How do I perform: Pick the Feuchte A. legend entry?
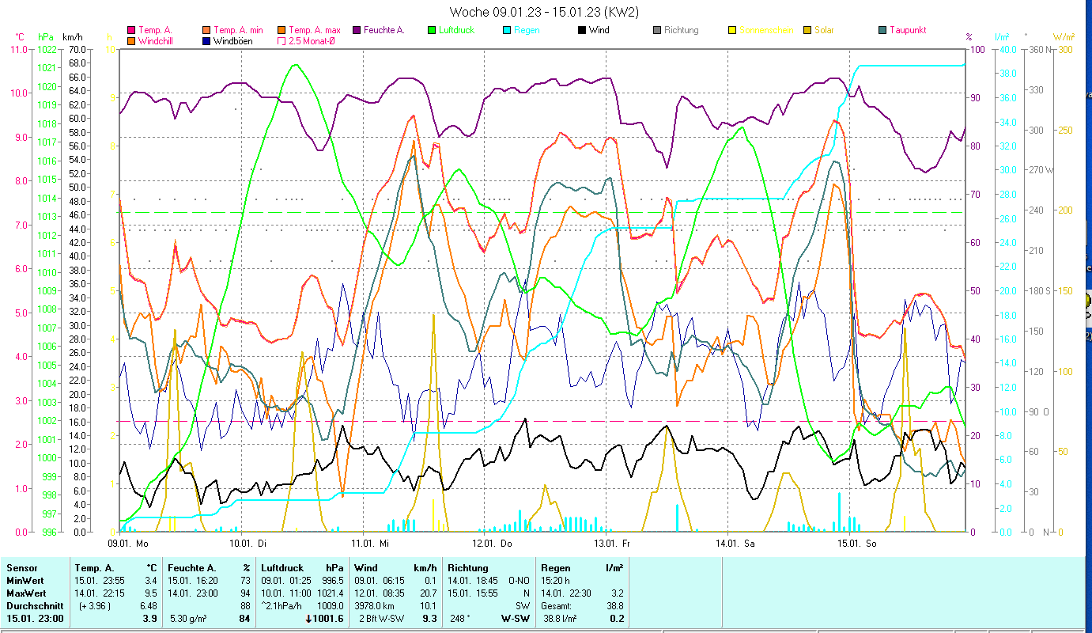pos(384,30)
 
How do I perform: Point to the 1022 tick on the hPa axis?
pos(46,49)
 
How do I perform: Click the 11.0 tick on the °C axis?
pos(18,49)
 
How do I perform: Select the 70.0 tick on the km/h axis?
pos(77,49)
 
